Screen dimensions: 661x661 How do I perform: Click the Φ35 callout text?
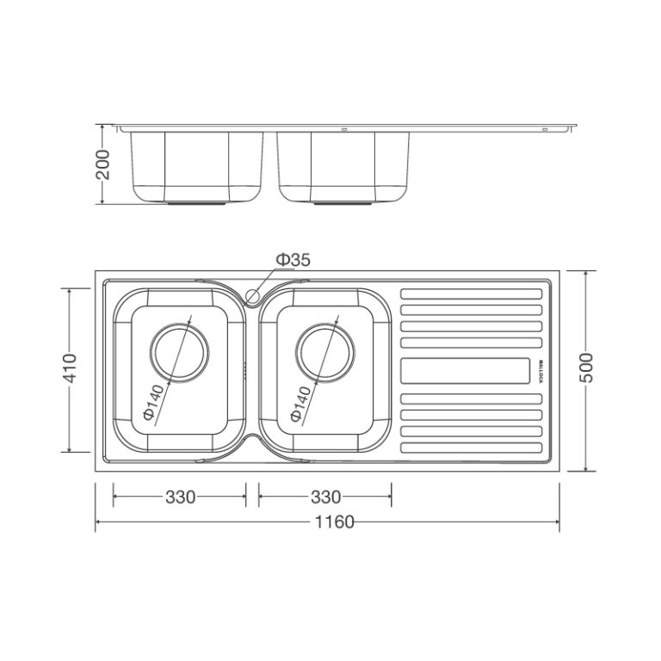293,260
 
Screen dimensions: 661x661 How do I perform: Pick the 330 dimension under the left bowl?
180,497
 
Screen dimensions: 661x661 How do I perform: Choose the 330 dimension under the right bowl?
325,497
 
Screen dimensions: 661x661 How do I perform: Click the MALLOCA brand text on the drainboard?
541,371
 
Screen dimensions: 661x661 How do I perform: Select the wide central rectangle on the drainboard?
465,371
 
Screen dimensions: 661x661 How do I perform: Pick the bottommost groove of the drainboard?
473,448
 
